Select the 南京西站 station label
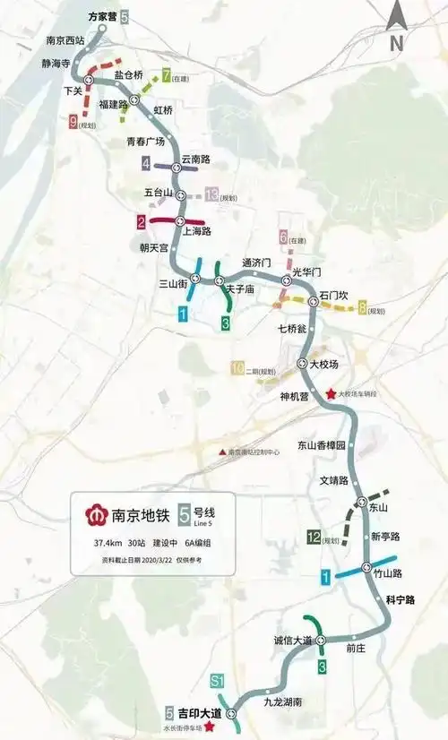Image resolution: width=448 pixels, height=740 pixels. click(65, 41)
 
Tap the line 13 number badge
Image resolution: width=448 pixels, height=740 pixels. click(211, 194)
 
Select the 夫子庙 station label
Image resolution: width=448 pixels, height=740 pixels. click(241, 289)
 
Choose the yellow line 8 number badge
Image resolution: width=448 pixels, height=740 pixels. click(362, 309)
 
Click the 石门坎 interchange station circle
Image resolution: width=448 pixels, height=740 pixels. click(313, 301)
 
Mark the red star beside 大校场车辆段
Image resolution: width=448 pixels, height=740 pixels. click(331, 393)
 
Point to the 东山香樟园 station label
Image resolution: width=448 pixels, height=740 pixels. click(321, 444)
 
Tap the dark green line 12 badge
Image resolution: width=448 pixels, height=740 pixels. click(313, 538)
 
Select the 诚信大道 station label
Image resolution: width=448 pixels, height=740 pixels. click(293, 640)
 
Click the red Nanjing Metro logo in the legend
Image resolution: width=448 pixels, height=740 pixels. click(93, 516)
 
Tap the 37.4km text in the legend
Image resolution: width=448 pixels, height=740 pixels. click(108, 543)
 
